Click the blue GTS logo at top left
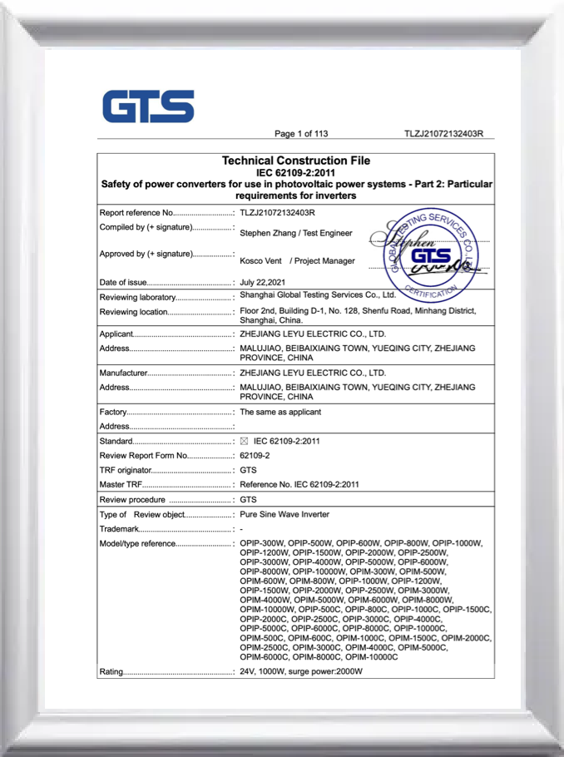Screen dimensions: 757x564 point(148,106)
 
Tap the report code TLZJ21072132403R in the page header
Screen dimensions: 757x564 point(443,134)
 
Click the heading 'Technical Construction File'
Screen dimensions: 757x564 point(296,161)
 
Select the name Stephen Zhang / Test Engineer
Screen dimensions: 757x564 point(295,234)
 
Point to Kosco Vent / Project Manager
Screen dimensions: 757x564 point(297,260)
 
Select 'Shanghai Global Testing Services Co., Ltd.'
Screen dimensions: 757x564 point(317,294)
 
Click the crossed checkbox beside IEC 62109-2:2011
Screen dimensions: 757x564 point(245,441)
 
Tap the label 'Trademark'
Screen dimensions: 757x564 point(118,530)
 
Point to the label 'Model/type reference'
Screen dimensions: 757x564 point(137,544)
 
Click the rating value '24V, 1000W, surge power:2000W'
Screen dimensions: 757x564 point(301,671)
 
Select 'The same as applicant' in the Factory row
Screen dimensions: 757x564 point(280,412)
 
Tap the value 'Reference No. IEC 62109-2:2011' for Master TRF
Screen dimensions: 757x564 point(299,485)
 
